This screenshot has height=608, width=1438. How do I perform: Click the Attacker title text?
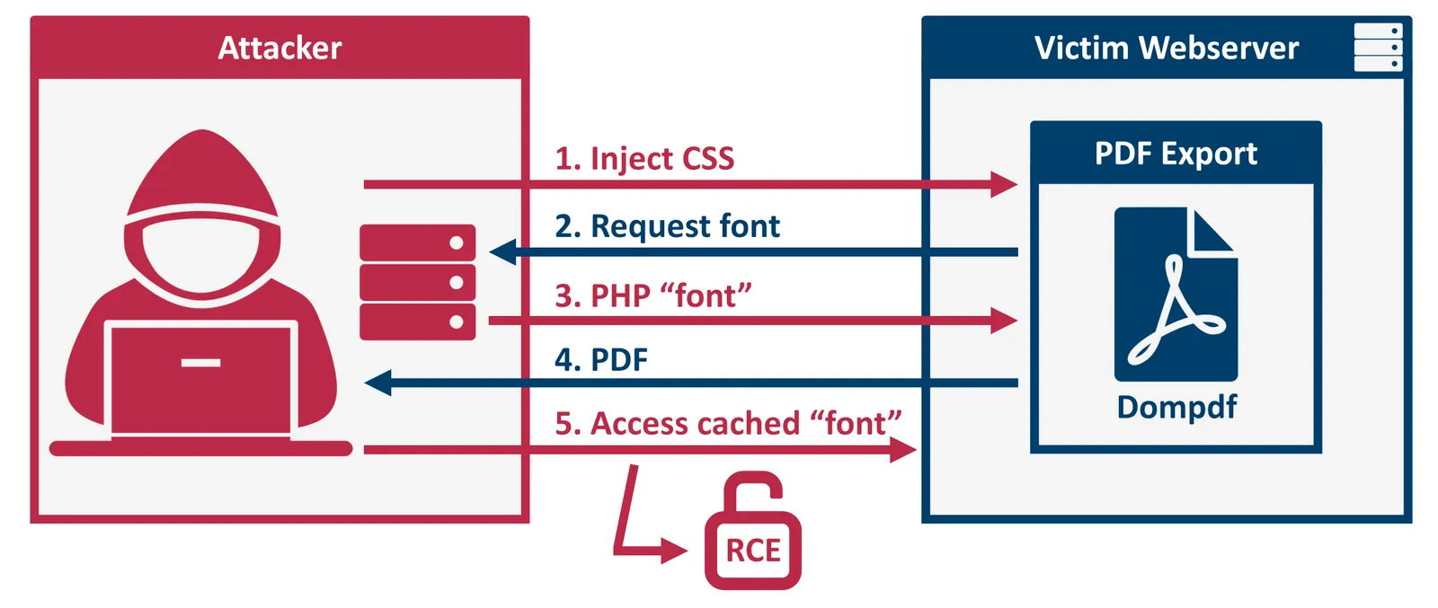(x=280, y=48)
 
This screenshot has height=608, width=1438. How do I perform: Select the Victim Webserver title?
(x=1166, y=48)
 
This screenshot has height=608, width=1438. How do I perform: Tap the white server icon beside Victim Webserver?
(x=1378, y=48)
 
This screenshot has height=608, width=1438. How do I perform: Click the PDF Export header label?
(x=1176, y=154)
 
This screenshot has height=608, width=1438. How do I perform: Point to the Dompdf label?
(x=1176, y=407)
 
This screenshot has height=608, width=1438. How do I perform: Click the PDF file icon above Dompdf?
(x=1176, y=295)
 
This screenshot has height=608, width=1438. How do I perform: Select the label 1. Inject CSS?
(x=644, y=158)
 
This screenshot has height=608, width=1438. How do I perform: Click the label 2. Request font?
(x=667, y=226)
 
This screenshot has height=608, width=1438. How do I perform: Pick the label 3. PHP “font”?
(x=652, y=295)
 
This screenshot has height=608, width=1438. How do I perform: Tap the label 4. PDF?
(x=600, y=360)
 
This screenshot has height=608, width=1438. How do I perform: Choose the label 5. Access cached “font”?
(x=727, y=423)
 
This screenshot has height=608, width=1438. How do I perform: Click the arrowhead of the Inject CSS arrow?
(x=1005, y=185)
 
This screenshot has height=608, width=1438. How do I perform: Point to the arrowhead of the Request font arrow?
(x=502, y=252)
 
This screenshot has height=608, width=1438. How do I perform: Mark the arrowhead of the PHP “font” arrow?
(x=1005, y=321)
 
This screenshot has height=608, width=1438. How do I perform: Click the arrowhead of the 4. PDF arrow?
(x=377, y=383)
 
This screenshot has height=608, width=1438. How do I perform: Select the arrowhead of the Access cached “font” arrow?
(x=903, y=449)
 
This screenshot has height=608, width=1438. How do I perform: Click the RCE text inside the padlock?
(x=753, y=551)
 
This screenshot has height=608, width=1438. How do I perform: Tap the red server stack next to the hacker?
(x=417, y=282)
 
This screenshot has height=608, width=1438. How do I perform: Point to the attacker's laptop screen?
(x=200, y=377)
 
